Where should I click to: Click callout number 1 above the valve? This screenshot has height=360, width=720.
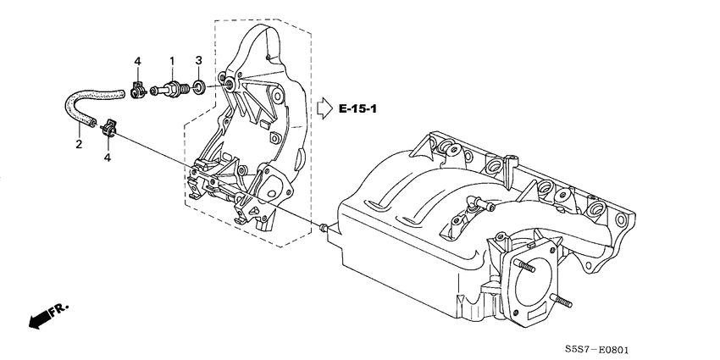click(172, 61)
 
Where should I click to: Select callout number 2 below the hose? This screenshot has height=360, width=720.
click(79, 145)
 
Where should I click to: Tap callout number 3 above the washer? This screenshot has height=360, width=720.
click(198, 60)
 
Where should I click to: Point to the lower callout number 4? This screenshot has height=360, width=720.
click(108, 158)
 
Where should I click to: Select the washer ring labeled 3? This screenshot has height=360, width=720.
click(198, 86)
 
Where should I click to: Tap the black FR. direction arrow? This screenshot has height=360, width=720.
click(38, 318)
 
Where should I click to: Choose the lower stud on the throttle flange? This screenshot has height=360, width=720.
click(560, 301)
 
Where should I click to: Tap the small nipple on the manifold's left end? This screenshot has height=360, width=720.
click(324, 227)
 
